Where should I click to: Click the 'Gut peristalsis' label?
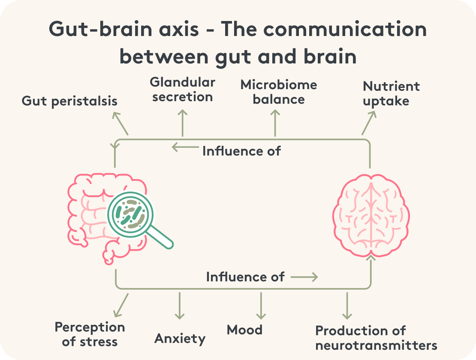tap(69, 102)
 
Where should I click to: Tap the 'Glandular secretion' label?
tap(183, 89)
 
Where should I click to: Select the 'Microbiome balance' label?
tap(279, 92)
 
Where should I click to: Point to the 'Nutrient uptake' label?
tap(391, 93)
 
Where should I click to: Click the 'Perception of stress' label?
tap(90, 334)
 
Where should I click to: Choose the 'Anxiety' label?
tap(180, 339)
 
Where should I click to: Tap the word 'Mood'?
tap(244, 330)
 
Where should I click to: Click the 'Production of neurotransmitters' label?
tap(376, 338)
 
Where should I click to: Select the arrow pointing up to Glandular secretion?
tap(183, 123)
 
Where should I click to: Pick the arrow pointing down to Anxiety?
tap(179, 306)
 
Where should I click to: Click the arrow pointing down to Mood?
tap(260, 306)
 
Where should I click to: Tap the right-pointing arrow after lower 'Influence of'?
tap(304, 277)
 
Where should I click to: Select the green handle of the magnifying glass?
tap(161, 237)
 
